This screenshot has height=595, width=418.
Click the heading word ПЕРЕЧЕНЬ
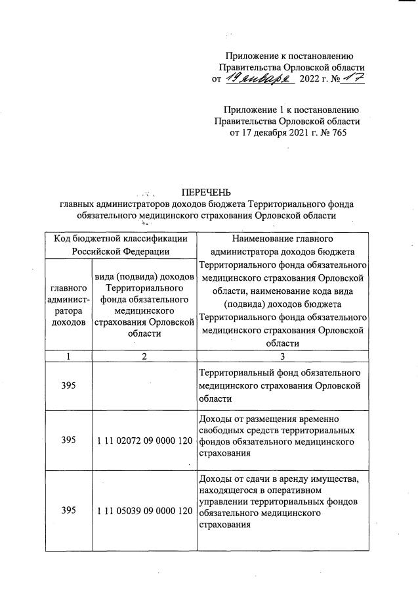coord(207,193)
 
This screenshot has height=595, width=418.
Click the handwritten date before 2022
coord(251,79)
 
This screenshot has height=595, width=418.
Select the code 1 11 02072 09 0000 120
coord(144,440)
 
